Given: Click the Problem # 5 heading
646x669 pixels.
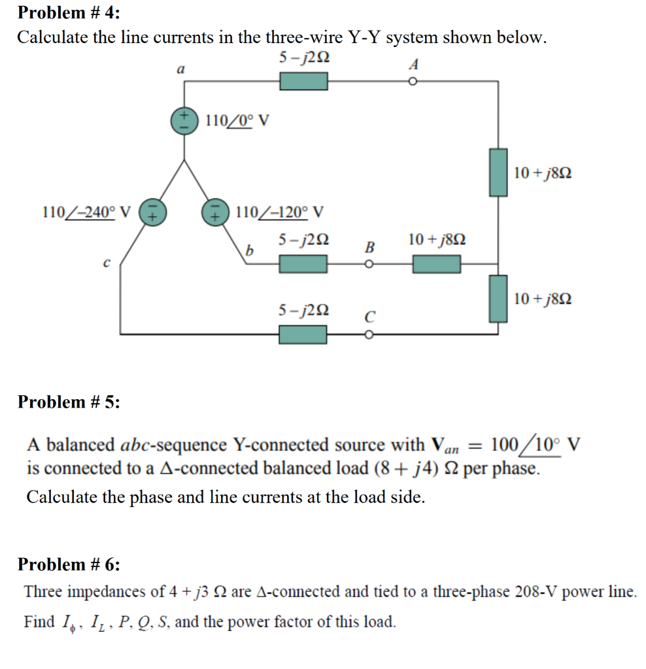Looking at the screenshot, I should (69, 402).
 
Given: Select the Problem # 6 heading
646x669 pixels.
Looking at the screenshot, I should (69, 564).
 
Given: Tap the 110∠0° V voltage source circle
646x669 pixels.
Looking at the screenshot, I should (184, 121).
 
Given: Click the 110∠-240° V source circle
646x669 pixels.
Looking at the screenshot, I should (151, 213).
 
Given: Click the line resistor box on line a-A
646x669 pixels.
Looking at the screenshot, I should (303, 82).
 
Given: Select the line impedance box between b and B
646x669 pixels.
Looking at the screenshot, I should (303, 264).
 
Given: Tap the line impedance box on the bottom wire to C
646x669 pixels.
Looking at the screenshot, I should (303, 334).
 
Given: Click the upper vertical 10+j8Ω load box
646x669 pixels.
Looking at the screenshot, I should (499, 172).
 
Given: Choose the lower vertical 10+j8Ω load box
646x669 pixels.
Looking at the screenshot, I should (499, 299).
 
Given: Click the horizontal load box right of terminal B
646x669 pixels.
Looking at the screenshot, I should (436, 264).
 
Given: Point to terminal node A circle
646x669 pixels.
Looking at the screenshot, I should (413, 82).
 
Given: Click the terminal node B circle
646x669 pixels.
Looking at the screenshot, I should (369, 265).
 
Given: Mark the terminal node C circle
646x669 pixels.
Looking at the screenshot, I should (369, 334).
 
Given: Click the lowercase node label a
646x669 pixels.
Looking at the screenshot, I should (181, 68).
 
